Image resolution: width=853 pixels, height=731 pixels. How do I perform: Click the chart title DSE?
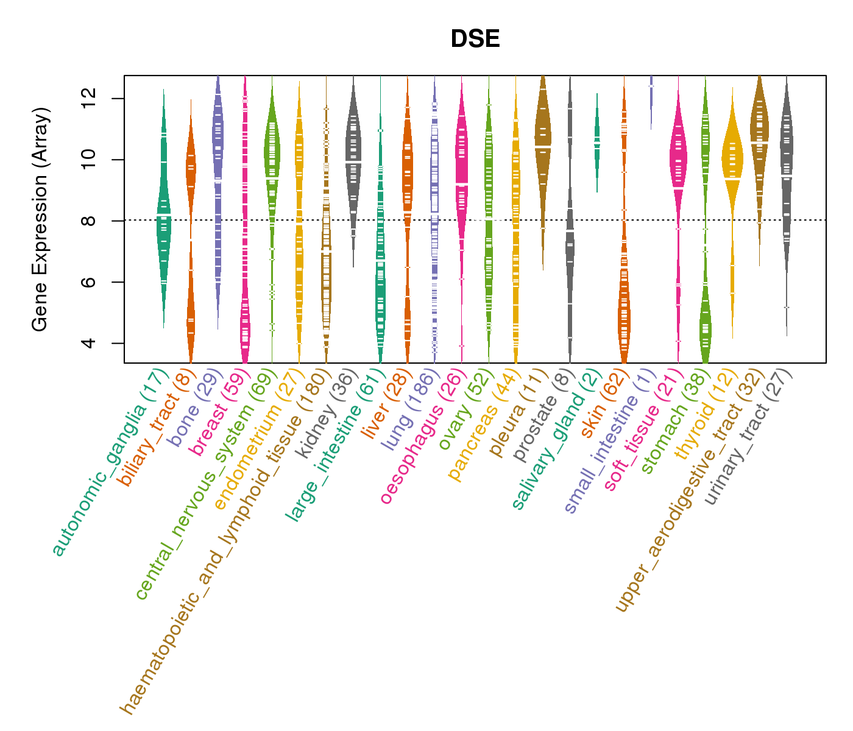point(475,40)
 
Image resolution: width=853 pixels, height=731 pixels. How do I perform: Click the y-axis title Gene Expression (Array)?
point(40,219)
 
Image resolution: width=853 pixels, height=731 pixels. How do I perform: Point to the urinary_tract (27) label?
point(748,439)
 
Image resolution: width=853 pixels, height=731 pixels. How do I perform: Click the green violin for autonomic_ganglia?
point(163,225)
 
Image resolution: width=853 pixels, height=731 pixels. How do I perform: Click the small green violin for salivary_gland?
point(597,143)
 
